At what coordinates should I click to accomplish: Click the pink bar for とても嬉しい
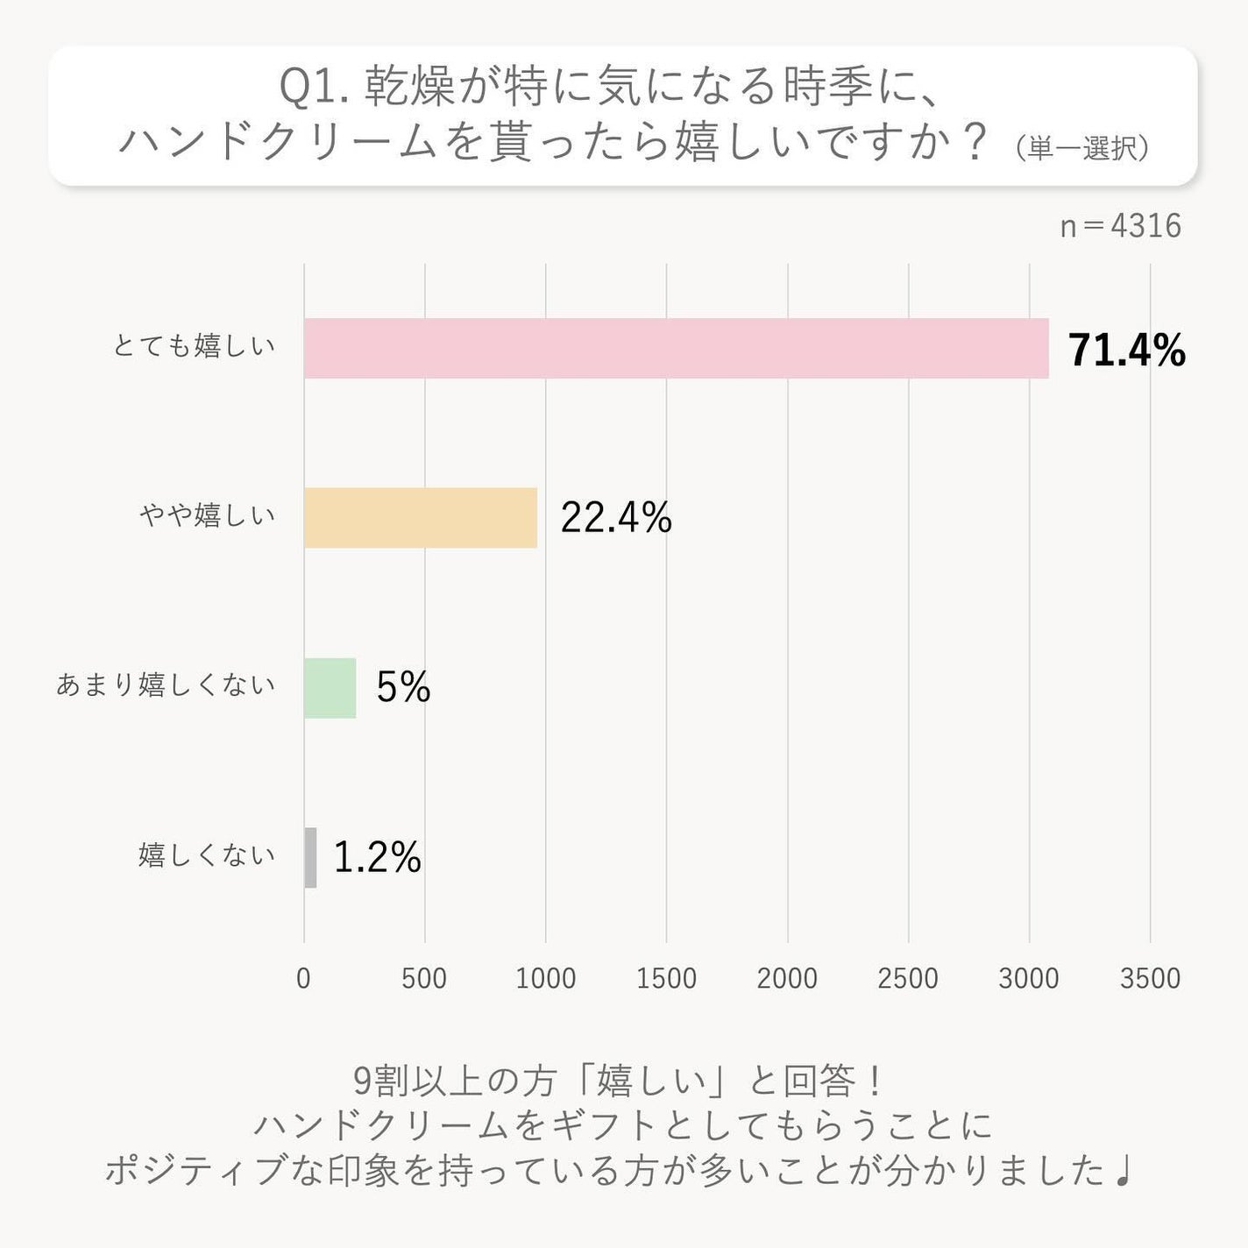[x=676, y=348]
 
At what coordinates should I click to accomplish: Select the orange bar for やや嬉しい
[x=421, y=517]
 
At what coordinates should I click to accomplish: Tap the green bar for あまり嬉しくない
[x=330, y=688]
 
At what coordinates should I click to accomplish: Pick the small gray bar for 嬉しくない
[x=310, y=857]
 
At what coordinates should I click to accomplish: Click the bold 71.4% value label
[x=1126, y=351]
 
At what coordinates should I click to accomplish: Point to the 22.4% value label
[x=616, y=518]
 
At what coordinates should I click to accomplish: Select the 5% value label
[x=403, y=687]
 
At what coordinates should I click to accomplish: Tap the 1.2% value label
[x=378, y=857]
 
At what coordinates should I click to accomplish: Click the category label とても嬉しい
[x=194, y=346]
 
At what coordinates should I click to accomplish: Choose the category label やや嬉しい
[x=208, y=515]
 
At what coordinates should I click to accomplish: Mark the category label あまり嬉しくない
[x=166, y=684]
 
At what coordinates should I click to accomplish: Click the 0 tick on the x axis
[x=303, y=978]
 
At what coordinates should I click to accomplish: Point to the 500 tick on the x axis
[x=424, y=978]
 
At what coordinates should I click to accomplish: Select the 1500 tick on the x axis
[x=666, y=978]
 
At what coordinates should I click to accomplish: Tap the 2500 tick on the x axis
[x=908, y=978]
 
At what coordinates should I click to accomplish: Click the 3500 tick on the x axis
[x=1150, y=978]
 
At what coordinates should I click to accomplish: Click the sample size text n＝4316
[x=1120, y=226]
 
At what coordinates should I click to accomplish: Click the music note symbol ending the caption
[x=1124, y=1171]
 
